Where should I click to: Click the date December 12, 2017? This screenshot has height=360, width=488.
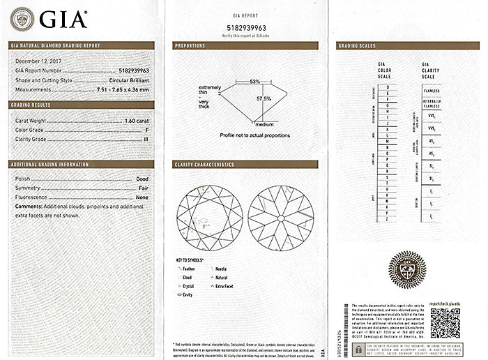pyautogui.click(x=38, y=61)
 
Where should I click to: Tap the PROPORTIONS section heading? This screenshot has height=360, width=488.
pyautogui.click(x=190, y=46)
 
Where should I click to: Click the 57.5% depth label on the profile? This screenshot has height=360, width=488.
pyautogui.click(x=264, y=98)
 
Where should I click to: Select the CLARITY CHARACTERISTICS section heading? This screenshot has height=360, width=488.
pyautogui.click(x=204, y=165)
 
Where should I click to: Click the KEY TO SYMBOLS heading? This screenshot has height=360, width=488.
pyautogui.click(x=192, y=260)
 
